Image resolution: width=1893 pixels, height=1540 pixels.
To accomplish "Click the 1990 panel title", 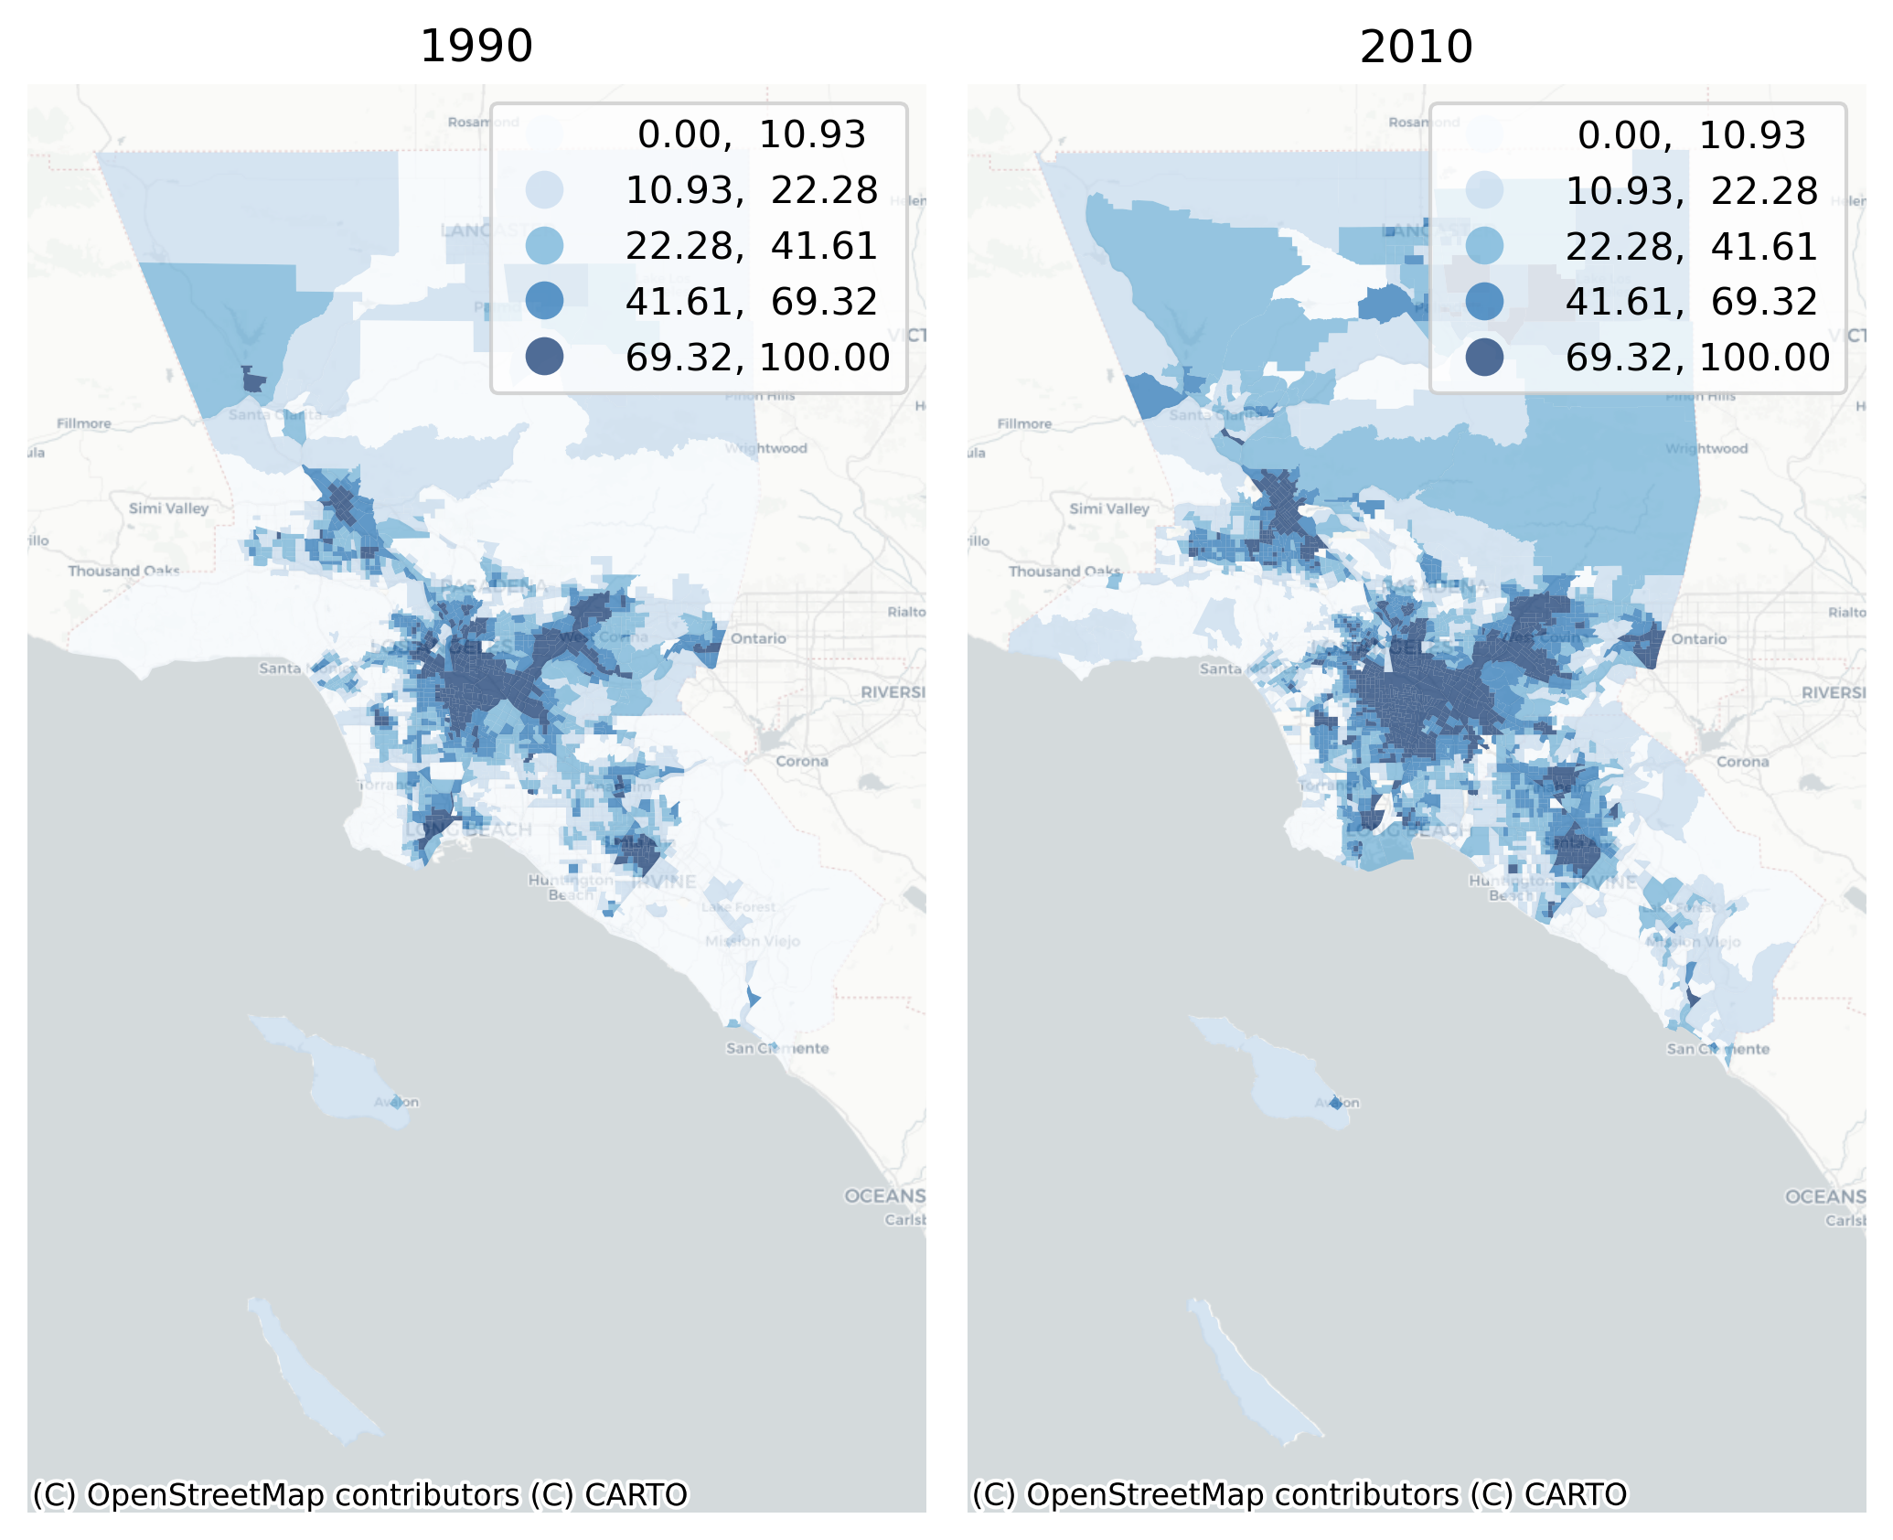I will click(x=476, y=47).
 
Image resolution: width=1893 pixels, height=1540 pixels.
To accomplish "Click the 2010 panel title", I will click(x=1416, y=47).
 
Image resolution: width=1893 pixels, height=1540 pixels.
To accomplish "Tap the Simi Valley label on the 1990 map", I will click(x=168, y=508).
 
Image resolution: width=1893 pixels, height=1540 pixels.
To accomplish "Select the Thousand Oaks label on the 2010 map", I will click(x=1064, y=572).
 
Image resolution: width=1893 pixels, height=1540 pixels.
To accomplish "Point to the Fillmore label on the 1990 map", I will click(x=84, y=423).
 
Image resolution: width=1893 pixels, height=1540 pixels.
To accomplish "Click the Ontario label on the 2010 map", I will click(x=1699, y=639).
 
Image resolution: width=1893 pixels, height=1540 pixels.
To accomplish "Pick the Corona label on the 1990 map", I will click(x=802, y=761).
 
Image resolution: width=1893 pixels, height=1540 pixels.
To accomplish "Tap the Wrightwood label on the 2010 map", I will click(x=1706, y=449).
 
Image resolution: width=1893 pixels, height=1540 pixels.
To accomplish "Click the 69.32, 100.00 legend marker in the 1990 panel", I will click(x=544, y=356).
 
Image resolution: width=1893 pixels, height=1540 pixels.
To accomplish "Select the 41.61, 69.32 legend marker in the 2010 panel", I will click(x=1484, y=301).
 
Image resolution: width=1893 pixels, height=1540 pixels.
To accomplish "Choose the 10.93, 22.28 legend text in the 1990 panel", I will click(x=752, y=190).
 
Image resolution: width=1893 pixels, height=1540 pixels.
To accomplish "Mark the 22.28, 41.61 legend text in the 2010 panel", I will click(x=1692, y=247).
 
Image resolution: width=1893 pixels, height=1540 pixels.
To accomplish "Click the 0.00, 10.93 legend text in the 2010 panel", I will click(x=1692, y=135).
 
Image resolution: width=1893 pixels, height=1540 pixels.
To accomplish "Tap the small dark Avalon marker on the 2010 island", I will click(x=1336, y=1103).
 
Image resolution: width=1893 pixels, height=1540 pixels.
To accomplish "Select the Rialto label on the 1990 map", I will click(x=906, y=612).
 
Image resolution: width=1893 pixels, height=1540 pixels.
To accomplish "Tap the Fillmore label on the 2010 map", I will click(x=1024, y=424).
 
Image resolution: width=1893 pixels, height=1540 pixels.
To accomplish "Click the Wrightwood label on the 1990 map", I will click(x=766, y=448).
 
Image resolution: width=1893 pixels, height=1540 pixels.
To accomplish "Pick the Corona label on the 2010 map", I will click(x=1742, y=762).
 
